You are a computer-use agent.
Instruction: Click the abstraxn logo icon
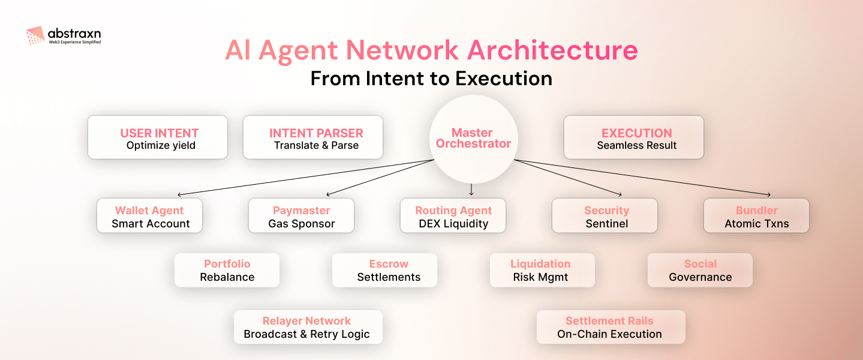(x=35, y=36)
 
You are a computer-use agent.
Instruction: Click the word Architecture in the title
(x=552, y=51)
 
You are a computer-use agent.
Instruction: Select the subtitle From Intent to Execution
(x=431, y=79)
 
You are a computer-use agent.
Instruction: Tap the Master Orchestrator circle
(x=473, y=138)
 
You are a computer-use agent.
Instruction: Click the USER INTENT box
(x=158, y=138)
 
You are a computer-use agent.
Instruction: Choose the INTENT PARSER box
(x=313, y=138)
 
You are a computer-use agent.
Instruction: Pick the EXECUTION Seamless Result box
(x=634, y=138)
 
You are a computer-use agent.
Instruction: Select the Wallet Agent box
(x=150, y=217)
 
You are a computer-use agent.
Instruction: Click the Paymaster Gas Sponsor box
(x=302, y=217)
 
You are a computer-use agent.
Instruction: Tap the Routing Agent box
(x=453, y=217)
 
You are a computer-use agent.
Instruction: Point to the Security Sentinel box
(x=605, y=217)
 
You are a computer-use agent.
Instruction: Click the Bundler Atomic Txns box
(x=756, y=217)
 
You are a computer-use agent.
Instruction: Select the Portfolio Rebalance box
(x=227, y=270)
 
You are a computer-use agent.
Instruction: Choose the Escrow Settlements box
(x=385, y=270)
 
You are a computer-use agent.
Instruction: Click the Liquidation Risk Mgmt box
(x=542, y=270)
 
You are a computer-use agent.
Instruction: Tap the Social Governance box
(x=700, y=270)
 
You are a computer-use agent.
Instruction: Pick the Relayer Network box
(x=308, y=327)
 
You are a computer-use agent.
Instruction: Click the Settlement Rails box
(x=611, y=327)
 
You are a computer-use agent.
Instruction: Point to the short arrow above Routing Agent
(x=471, y=190)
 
